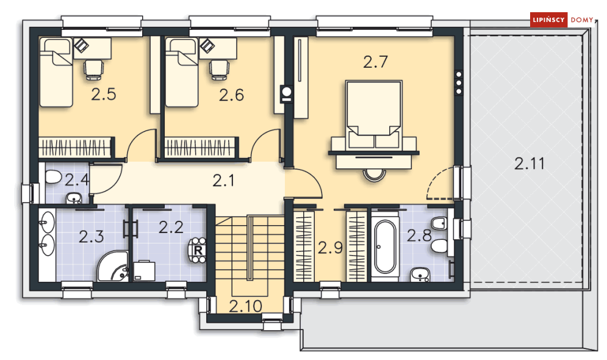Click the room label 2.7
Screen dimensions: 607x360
tap(375, 62)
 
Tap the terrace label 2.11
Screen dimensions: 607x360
tap(529, 164)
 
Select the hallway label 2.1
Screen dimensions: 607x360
tap(223, 181)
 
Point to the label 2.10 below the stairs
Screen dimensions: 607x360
tap(245, 306)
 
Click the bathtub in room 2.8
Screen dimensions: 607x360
tap(385, 246)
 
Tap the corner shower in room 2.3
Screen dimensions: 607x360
tap(113, 266)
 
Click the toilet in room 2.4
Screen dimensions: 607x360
tap(52, 178)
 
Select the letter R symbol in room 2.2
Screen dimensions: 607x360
tap(198, 250)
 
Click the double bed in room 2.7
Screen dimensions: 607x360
tap(373, 114)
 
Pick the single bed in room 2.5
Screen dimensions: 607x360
tap(57, 73)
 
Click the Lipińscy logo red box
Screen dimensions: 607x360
tap(548, 20)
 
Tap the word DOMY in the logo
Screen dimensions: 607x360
tap(581, 20)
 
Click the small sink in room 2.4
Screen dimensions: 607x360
tap(74, 198)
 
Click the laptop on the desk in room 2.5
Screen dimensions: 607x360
tap(81, 45)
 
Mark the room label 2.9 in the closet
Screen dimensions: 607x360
tap(330, 247)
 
